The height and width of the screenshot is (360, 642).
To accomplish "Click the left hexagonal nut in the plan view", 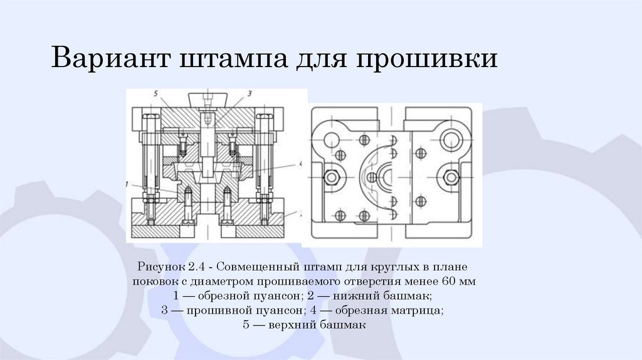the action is pos(331,177).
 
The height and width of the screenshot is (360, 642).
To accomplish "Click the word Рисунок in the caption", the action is pos(162,267).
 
